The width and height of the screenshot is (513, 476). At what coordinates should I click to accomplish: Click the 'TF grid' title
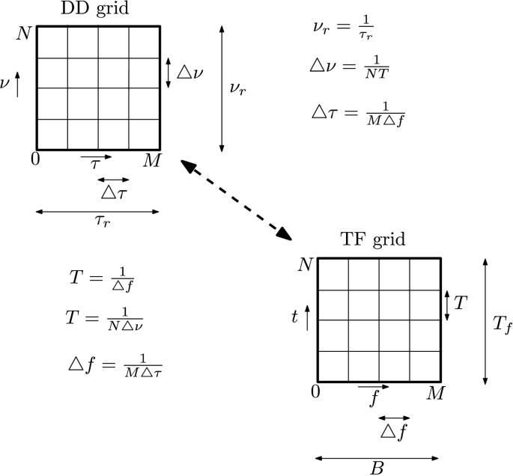pos(372,240)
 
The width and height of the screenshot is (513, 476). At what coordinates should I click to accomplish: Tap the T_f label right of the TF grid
pos(503,323)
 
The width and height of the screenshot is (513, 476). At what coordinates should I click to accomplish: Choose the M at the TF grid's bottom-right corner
pos(434,393)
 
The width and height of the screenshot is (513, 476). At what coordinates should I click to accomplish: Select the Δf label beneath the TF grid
pos(394,431)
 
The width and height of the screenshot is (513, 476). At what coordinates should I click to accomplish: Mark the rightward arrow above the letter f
pos(372,387)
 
